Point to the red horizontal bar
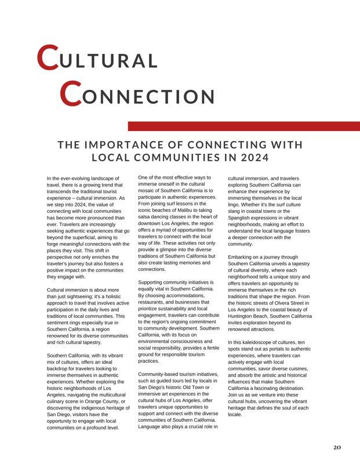coord(243,126)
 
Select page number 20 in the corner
coord(337,447)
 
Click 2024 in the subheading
coord(252,157)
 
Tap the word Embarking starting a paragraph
coord(242,256)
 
